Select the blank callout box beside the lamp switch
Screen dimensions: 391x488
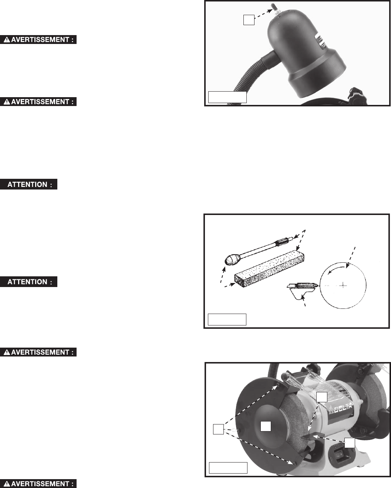[249, 20]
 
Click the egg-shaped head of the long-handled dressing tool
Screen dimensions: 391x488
[231, 259]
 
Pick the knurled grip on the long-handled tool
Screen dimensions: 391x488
[282, 242]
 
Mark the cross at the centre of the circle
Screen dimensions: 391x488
[343, 286]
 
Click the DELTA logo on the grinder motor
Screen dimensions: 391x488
[340, 408]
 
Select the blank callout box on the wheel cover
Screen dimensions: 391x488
[266, 426]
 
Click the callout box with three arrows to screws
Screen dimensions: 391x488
[218, 429]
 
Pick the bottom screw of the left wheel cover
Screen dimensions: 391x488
[295, 464]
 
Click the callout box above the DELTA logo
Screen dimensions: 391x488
[322, 397]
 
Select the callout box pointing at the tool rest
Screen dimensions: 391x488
[350, 443]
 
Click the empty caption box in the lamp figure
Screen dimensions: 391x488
[227, 97]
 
